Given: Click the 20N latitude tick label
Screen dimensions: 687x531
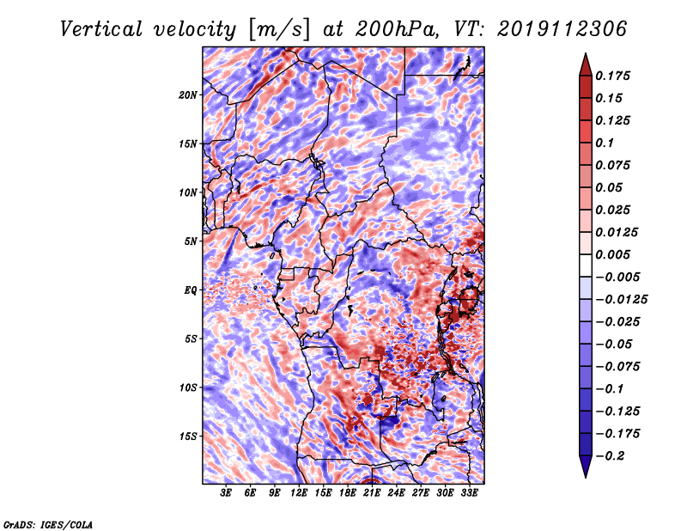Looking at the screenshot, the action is (188, 95).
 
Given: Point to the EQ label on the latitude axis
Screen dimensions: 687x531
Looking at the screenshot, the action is (191, 290).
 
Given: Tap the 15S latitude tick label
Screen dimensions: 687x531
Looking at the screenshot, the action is (188, 436).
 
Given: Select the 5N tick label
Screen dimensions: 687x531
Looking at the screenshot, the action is (191, 241).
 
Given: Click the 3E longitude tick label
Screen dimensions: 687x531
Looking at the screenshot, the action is (226, 492).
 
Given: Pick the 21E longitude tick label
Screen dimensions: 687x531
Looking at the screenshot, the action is (372, 492).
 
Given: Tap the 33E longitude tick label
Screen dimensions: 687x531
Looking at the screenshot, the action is (469, 492).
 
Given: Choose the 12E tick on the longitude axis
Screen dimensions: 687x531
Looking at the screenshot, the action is (299, 492).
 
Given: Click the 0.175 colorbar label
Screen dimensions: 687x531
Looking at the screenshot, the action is (612, 76).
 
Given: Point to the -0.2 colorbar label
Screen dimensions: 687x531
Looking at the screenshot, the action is (610, 456).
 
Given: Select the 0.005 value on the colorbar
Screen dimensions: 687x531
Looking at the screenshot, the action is (612, 254).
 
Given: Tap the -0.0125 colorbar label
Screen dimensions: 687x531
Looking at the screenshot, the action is (621, 300).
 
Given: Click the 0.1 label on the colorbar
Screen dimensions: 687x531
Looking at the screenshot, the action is (605, 143).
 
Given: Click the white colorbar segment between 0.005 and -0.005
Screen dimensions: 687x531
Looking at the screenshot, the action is (586, 265).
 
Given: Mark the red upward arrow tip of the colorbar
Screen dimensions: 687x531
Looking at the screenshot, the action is (586, 54).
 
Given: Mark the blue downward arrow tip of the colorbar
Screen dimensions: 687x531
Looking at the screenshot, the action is (586, 477).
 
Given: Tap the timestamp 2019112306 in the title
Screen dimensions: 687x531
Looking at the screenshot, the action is (562, 29).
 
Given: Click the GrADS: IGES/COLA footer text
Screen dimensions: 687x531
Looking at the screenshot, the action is (48, 524).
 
